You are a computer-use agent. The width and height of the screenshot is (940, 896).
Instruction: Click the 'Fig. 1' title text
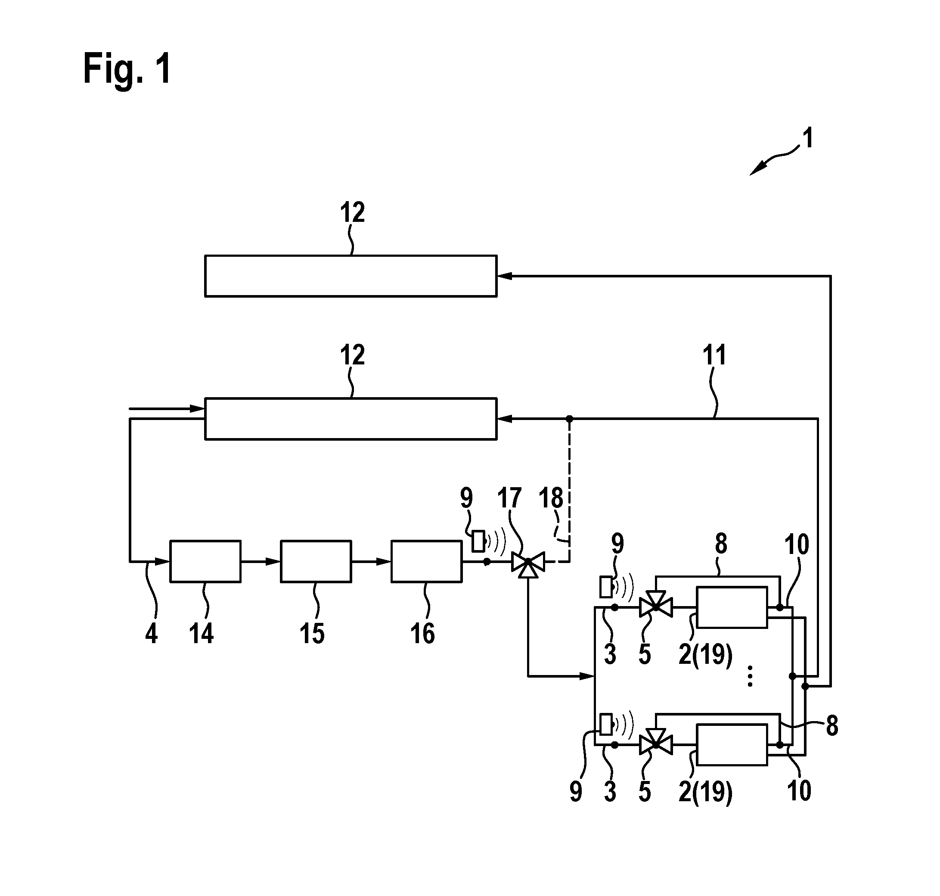(x=127, y=69)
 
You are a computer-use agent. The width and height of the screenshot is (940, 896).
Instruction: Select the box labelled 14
(x=205, y=561)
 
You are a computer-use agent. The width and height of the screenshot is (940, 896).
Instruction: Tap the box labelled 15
(x=316, y=561)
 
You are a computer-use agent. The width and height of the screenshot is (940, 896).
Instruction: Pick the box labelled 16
(x=426, y=561)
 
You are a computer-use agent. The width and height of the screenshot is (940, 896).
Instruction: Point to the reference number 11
(x=714, y=355)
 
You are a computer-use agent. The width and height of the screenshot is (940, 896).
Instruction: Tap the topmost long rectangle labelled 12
(x=351, y=276)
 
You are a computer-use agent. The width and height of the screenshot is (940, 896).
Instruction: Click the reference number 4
(x=151, y=634)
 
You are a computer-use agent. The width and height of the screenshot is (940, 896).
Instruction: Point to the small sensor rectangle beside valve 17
(x=478, y=541)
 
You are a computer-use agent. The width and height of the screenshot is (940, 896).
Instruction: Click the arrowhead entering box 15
(x=273, y=562)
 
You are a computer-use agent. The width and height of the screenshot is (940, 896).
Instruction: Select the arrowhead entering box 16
(x=384, y=562)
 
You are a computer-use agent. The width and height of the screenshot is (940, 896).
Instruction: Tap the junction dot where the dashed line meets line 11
(x=569, y=419)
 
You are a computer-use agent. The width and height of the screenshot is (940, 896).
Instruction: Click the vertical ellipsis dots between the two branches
(x=750, y=676)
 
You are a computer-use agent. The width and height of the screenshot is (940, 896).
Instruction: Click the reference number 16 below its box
(x=422, y=634)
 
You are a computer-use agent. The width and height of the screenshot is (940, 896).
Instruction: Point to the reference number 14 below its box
(x=201, y=634)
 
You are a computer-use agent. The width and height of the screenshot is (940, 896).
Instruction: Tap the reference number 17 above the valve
(x=509, y=498)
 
